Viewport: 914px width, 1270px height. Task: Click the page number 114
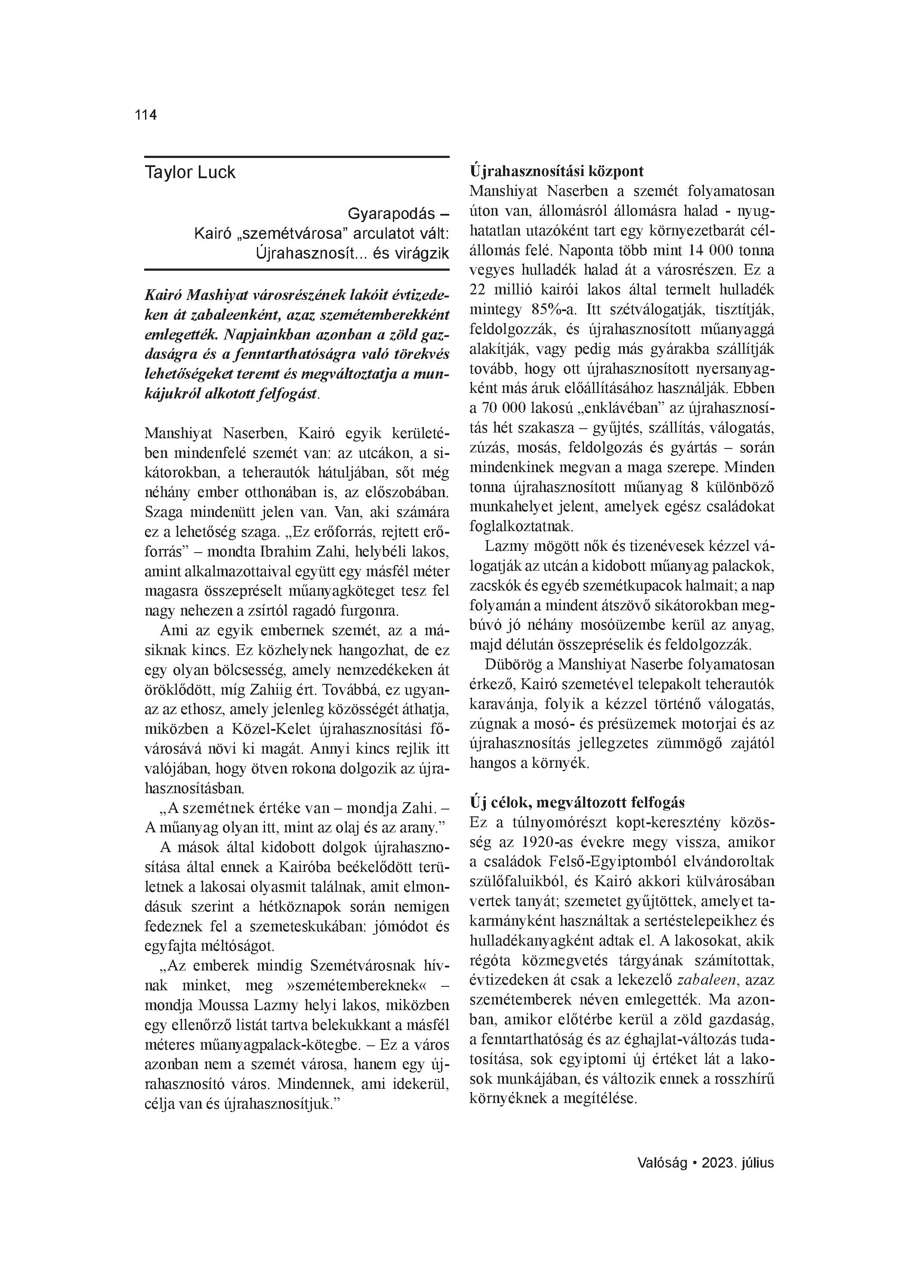coord(145,115)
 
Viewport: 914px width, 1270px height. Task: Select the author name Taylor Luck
coord(190,173)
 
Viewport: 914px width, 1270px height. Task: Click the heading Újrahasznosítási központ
coord(557,171)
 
